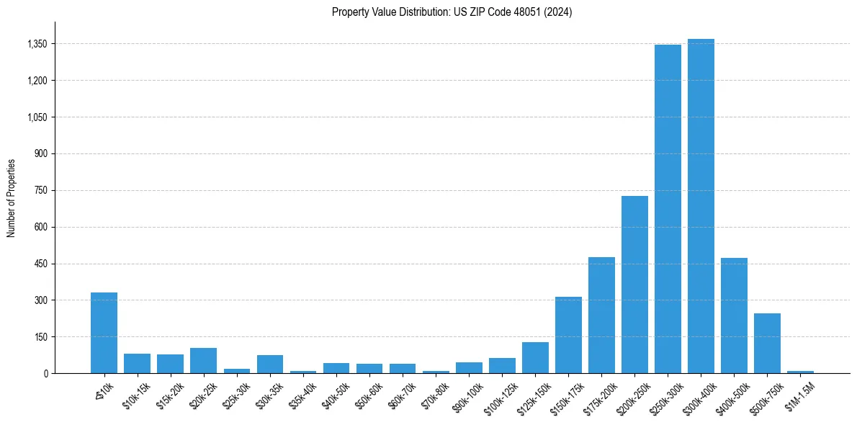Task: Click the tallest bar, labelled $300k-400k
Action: (701, 209)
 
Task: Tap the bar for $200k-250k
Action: (634, 285)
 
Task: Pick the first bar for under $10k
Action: (104, 333)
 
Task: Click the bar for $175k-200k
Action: (601, 316)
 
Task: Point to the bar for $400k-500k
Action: (734, 316)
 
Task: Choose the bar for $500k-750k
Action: (767, 344)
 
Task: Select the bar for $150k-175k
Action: (568, 335)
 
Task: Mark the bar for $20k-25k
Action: (203, 361)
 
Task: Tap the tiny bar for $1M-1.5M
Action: (800, 372)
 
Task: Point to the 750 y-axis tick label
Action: (41, 190)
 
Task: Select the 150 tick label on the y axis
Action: (41, 336)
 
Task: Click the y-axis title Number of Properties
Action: (11, 197)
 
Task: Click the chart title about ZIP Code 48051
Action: (452, 12)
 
